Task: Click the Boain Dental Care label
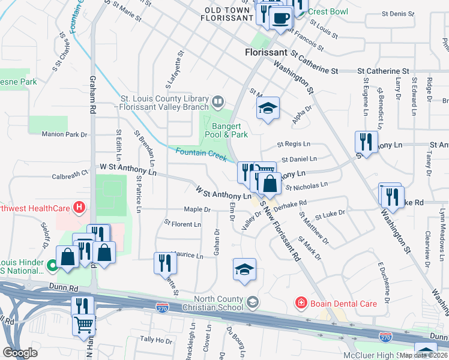click(x=343, y=304)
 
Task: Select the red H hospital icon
click(x=78, y=209)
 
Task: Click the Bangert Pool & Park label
click(x=230, y=130)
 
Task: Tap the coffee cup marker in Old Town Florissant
click(x=280, y=17)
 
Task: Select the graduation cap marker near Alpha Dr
click(x=268, y=108)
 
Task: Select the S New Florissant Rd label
click(x=280, y=231)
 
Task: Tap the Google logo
click(x=20, y=352)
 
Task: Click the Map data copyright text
click(x=423, y=355)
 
